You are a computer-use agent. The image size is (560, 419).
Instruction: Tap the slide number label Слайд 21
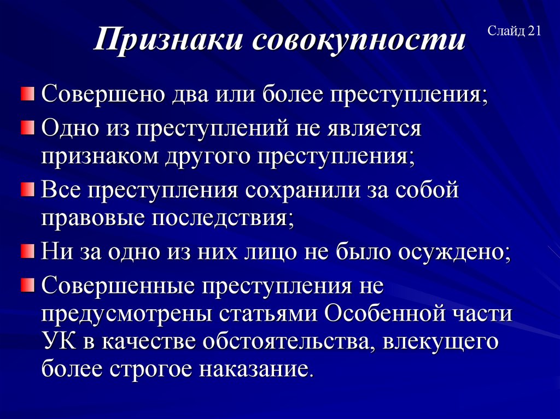pos(514,32)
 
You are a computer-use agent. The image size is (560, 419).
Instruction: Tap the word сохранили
pos(303,191)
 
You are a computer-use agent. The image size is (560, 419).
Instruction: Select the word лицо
pos(300,252)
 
